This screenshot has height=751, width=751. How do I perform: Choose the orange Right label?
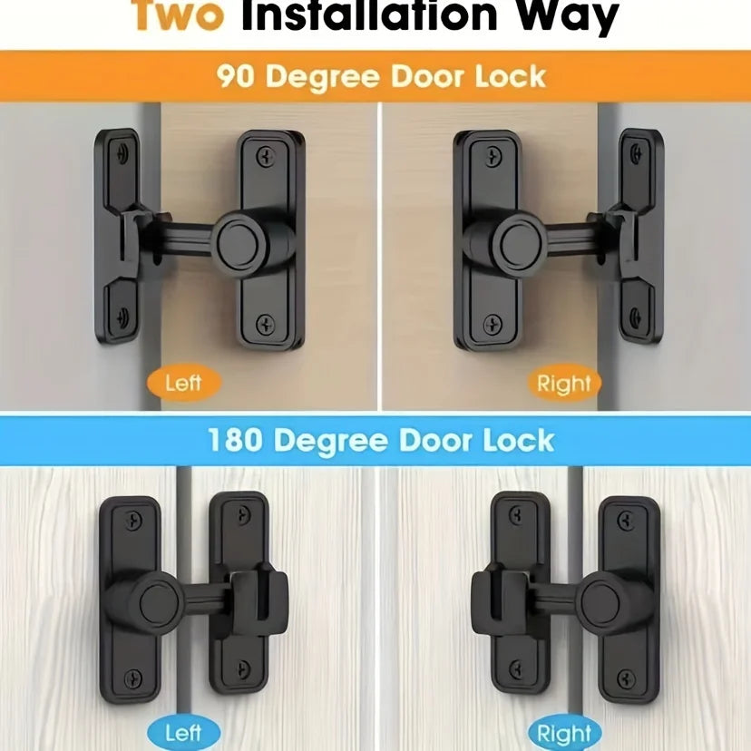[563, 384]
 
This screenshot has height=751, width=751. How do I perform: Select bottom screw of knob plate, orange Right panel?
[491, 324]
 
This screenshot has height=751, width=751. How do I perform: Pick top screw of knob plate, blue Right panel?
[625, 520]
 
